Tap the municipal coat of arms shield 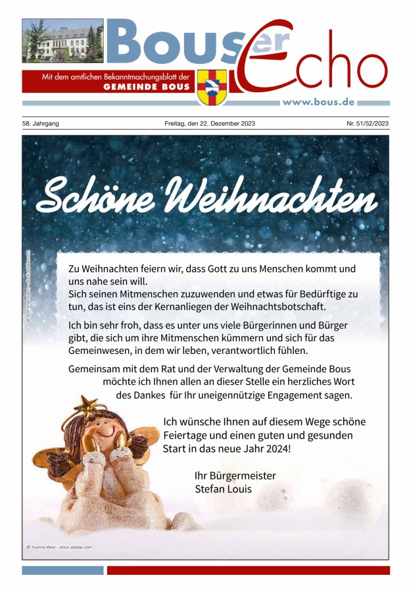pos(212,87)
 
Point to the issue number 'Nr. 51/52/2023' pos(368,124)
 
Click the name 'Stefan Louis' pos(223,489)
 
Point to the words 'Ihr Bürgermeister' pos(235,476)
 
